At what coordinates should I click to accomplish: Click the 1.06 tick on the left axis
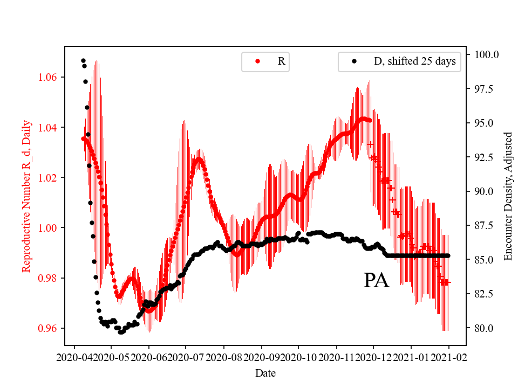click(x=49, y=77)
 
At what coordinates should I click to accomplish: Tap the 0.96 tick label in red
click(x=49, y=328)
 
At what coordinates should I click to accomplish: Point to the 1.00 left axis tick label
click(x=49, y=228)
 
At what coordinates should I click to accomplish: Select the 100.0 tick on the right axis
click(x=486, y=54)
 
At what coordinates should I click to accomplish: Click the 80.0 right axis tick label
click(x=484, y=328)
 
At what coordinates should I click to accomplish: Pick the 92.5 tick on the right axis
click(x=484, y=157)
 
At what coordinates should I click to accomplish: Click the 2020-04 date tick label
click(x=74, y=357)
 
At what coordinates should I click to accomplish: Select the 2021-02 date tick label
click(x=448, y=357)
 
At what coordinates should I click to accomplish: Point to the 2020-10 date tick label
click(x=298, y=357)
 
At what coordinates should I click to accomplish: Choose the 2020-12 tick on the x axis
click(x=373, y=357)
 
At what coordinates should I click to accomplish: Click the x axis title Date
click(x=265, y=372)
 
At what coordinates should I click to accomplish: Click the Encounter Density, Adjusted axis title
click(x=508, y=196)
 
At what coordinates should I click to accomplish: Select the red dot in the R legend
click(x=257, y=61)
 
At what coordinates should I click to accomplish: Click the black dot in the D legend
click(x=354, y=61)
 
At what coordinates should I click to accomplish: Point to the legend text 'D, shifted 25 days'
click(x=414, y=61)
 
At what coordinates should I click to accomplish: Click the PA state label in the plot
click(x=376, y=281)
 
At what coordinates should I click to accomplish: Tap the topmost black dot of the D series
click(x=83, y=60)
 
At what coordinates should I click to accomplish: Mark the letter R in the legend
click(x=281, y=61)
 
